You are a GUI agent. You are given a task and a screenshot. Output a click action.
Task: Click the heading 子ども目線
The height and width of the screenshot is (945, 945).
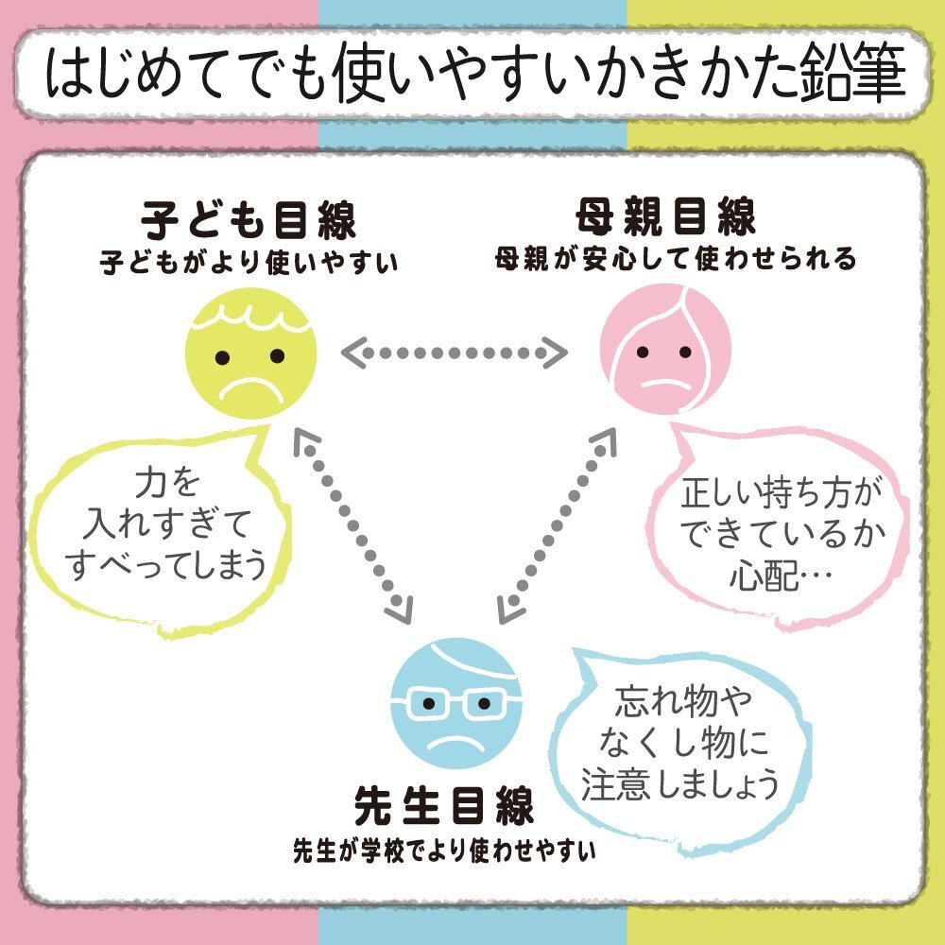pyautogui.click(x=249, y=220)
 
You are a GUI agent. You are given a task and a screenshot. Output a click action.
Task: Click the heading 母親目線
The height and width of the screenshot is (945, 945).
pyautogui.click(x=666, y=215)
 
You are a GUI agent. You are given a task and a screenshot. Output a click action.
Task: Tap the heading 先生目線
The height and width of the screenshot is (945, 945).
pyautogui.click(x=444, y=805)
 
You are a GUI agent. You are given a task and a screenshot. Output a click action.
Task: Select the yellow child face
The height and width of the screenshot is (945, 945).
pyautogui.click(x=250, y=353)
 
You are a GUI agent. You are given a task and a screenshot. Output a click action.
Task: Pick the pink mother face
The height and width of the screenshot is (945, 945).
pyautogui.click(x=665, y=349)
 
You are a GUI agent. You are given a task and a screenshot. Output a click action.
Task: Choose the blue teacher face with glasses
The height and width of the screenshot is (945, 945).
pyautogui.click(x=456, y=703)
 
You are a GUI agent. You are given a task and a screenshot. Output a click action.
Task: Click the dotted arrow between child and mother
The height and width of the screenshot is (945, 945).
pyautogui.click(x=455, y=352)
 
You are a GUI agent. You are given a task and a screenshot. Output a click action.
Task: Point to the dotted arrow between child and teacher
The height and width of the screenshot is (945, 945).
pyautogui.click(x=353, y=525)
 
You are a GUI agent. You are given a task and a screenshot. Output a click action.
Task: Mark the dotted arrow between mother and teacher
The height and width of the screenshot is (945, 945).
pyautogui.click(x=557, y=525)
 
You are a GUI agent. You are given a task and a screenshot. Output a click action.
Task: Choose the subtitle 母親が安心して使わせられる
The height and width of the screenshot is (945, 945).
pyautogui.click(x=676, y=259)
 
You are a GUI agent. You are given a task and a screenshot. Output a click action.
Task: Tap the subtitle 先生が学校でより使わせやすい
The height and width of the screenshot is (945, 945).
pyautogui.click(x=445, y=850)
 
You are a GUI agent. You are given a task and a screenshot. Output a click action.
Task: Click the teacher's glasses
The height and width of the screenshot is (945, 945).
pyautogui.click(x=456, y=704)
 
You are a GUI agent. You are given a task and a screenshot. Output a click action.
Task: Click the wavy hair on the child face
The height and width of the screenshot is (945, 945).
pyautogui.click(x=250, y=317)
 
